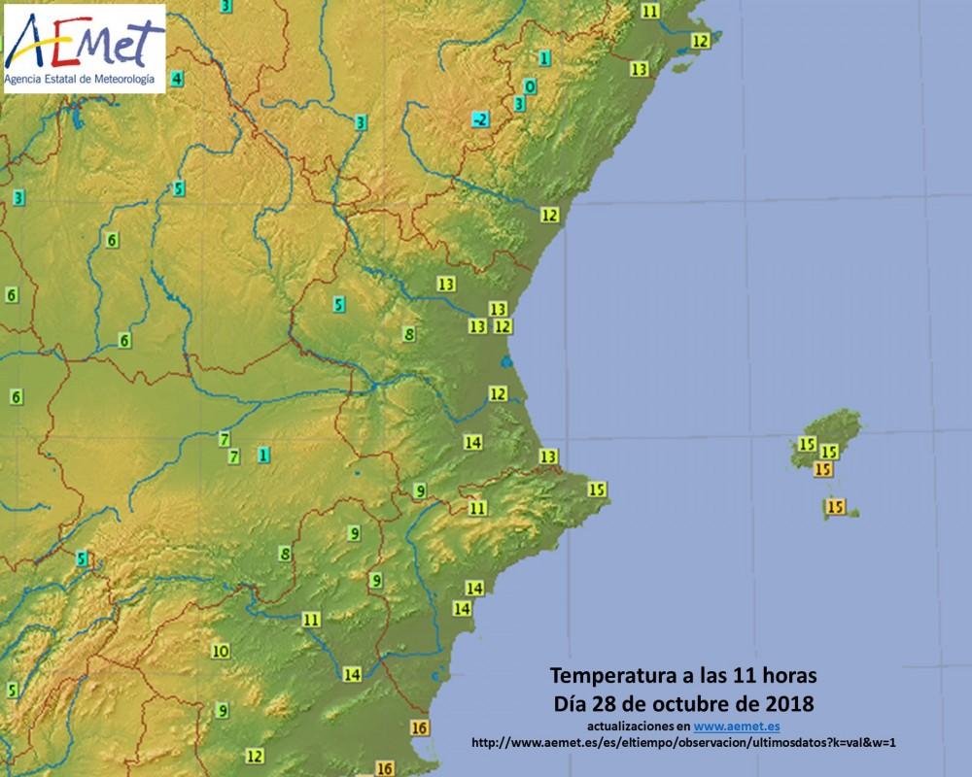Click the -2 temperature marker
click(479, 119)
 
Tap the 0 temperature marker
click(530, 85)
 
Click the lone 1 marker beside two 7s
click(263, 454)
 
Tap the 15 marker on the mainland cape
click(597, 489)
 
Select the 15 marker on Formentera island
click(834, 506)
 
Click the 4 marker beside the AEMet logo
click(176, 78)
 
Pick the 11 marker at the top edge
click(650, 11)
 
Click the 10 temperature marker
click(221, 651)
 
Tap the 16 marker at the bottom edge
click(384, 768)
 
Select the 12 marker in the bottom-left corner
click(255, 755)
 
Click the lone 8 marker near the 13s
click(409, 334)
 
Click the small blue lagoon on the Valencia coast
click(505, 362)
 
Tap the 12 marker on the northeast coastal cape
click(700, 41)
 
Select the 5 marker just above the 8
click(338, 305)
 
